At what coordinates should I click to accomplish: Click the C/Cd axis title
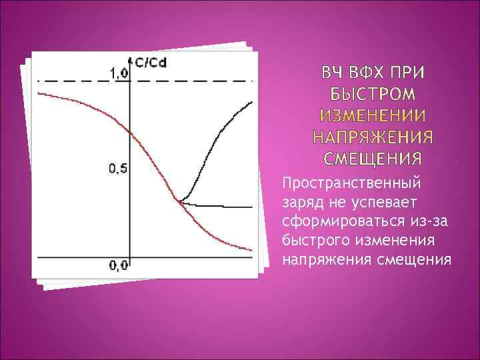151,63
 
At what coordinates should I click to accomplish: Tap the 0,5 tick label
117,168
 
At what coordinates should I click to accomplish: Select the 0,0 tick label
118,265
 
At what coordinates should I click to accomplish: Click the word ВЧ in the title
335,71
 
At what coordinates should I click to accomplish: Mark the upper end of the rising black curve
251,102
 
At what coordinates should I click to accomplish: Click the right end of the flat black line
251,207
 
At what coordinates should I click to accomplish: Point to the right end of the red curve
251,251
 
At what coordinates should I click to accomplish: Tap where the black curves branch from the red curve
178,199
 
